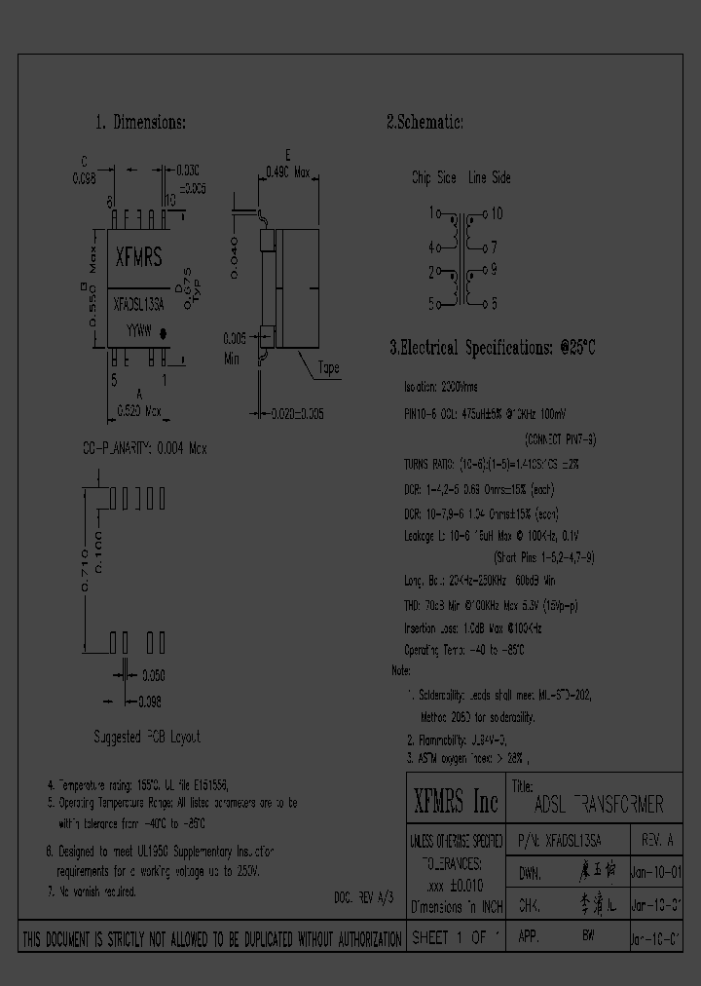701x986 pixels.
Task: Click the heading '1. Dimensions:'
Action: coord(140,124)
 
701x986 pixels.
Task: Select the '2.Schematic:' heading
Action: coord(425,123)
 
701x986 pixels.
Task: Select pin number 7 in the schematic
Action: coord(494,247)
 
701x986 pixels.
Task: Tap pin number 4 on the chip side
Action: coord(431,247)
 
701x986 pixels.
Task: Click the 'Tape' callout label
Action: coord(329,368)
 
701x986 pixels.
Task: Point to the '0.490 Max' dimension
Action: coord(287,172)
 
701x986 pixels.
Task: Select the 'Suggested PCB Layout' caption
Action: coord(147,738)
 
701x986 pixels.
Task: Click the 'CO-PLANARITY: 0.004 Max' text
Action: coord(144,448)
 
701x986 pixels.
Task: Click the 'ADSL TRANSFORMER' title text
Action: coord(599,806)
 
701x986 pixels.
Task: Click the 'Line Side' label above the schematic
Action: coord(489,178)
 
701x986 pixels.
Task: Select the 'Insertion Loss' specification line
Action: coord(472,629)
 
